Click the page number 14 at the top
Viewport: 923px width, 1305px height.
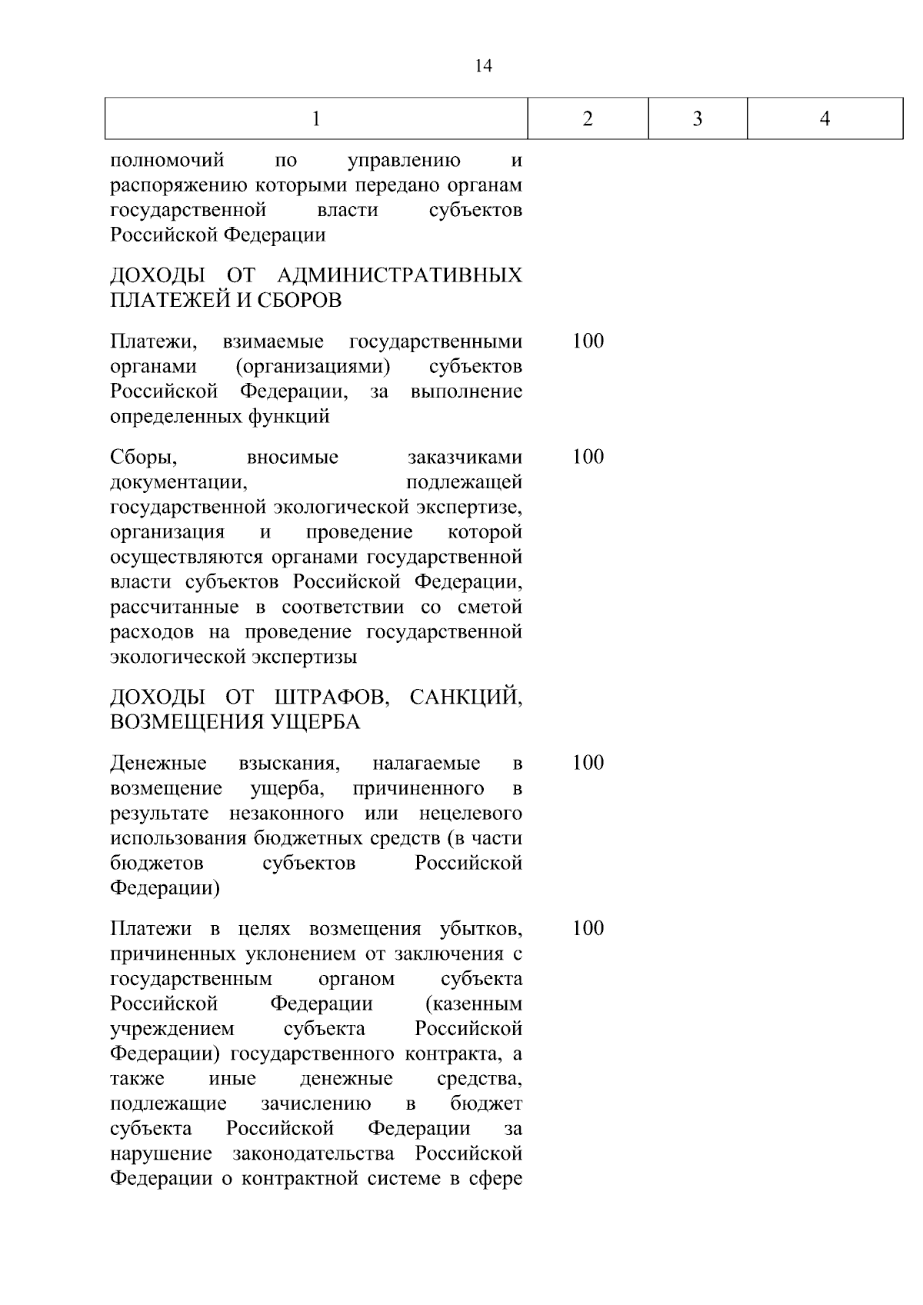[484, 66]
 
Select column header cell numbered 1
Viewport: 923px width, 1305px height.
[316, 118]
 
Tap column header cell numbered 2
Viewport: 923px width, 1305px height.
[588, 118]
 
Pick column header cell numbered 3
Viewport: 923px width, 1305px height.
[698, 118]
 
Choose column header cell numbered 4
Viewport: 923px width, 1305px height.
[825, 118]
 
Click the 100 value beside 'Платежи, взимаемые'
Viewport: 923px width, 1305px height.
[588, 341]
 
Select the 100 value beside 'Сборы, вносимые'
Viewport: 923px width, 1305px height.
[588, 457]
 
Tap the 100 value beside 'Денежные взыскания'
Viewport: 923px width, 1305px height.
[588, 763]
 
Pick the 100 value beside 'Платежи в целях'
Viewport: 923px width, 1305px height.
[588, 928]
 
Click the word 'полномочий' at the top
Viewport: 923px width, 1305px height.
[167, 161]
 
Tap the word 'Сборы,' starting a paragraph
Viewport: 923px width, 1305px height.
[144, 458]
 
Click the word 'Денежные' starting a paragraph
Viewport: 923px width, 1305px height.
[158, 764]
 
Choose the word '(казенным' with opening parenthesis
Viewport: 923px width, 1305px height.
[472, 1004]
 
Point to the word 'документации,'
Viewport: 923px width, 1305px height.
[178, 483]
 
